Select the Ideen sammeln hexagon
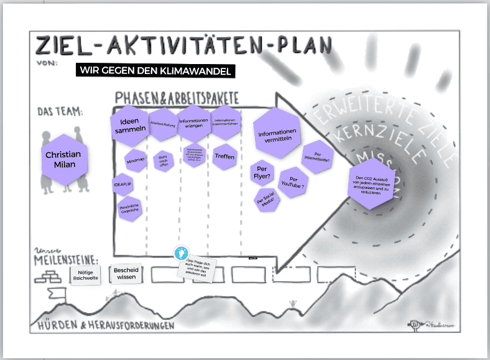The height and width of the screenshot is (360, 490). (131, 125)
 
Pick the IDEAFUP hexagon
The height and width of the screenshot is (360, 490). (122, 185)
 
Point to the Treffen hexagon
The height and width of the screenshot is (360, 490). (224, 156)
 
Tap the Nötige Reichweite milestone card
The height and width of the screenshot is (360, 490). (86, 274)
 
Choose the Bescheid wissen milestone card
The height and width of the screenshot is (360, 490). (126, 274)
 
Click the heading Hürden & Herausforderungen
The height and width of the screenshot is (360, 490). (104, 326)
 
